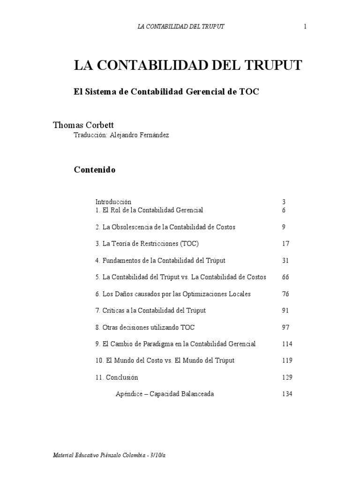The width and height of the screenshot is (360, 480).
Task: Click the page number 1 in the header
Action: click(305, 26)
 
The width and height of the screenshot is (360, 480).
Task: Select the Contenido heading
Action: click(95, 170)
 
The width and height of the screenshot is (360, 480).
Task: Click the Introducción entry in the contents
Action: click(113, 202)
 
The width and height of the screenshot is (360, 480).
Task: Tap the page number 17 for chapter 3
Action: click(286, 244)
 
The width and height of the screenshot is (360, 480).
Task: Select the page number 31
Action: click(286, 261)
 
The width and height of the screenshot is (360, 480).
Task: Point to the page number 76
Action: click(286, 294)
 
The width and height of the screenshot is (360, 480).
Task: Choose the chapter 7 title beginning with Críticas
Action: click(150, 310)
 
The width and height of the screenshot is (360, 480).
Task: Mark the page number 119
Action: click(287, 360)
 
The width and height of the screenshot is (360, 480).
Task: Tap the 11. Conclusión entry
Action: click(116, 377)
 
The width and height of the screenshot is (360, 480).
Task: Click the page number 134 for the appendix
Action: click(287, 394)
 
